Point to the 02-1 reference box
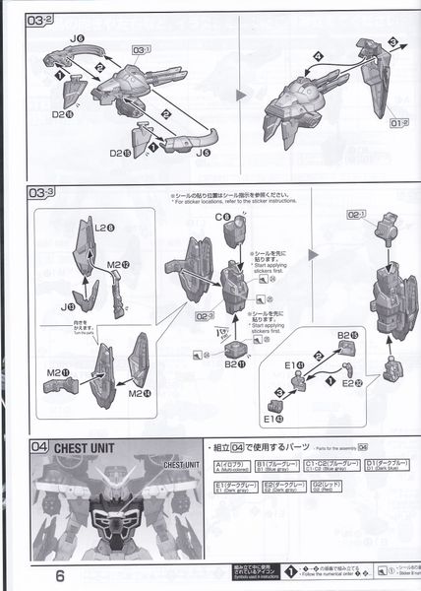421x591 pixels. pos(355,214)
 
